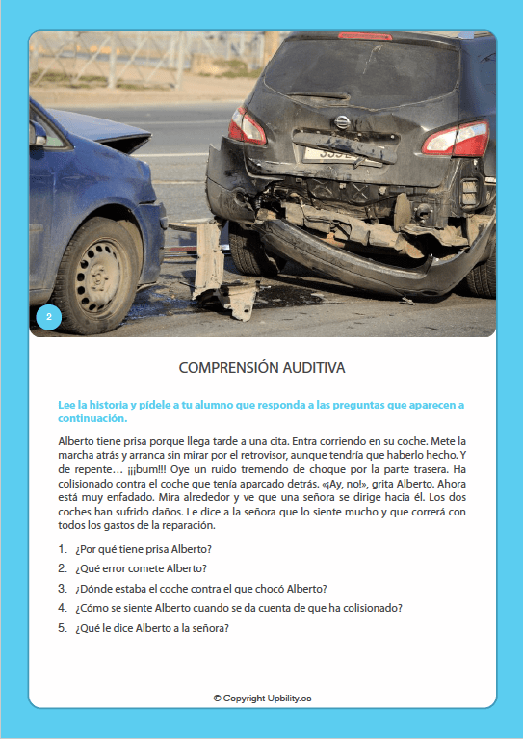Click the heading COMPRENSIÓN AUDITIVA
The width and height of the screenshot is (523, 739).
pos(261,368)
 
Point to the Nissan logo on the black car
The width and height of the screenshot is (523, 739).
pos(341,122)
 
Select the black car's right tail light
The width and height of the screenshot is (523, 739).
pos(457,139)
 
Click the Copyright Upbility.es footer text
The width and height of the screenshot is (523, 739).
pos(261,697)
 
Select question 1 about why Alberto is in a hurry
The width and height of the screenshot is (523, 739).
pos(143,549)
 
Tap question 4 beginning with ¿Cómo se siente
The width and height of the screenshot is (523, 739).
pos(238,608)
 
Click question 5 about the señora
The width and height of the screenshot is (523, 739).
pos(152,628)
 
